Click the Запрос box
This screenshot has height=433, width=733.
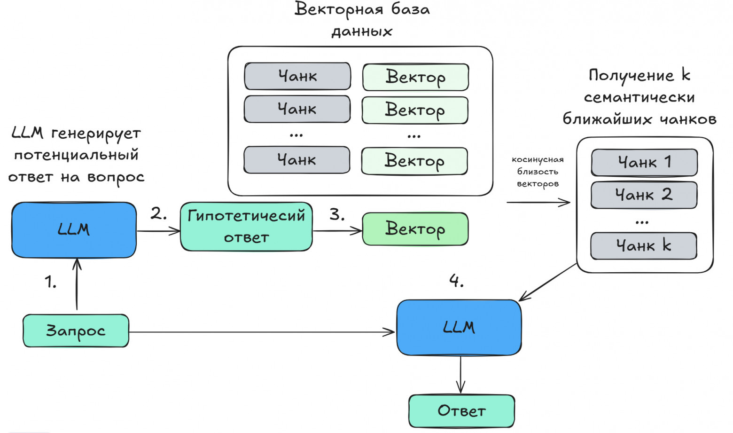(76, 331)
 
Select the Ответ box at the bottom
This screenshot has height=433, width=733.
(461, 411)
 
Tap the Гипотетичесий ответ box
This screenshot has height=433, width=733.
(246, 227)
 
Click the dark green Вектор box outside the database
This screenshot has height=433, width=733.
(415, 229)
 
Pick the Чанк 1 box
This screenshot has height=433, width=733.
(644, 163)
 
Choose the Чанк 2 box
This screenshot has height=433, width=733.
(644, 195)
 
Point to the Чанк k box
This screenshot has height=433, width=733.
(644, 245)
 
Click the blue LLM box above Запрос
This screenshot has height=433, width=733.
(74, 230)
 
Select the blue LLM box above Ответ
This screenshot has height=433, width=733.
(459, 327)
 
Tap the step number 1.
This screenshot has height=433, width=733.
(50, 282)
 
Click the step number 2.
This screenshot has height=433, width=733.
(158, 214)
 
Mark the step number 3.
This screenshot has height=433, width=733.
(337, 215)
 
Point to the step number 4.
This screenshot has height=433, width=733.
(456, 281)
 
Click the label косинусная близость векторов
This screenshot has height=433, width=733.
(538, 172)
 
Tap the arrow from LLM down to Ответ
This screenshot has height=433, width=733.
(460, 374)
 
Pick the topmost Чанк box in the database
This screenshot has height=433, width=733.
(297, 76)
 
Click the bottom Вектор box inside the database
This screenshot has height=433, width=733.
(414, 161)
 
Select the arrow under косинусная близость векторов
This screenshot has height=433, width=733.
(538, 203)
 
